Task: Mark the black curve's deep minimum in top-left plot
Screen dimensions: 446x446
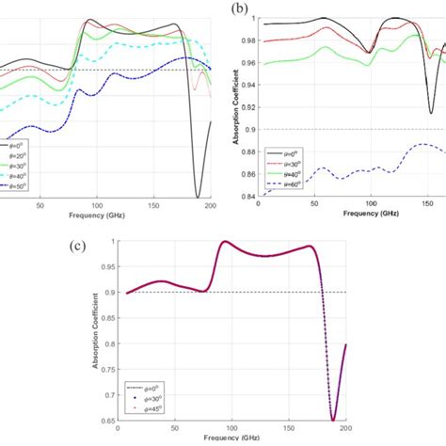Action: click(x=198, y=197)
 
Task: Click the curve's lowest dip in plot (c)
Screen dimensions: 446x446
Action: click(x=332, y=420)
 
